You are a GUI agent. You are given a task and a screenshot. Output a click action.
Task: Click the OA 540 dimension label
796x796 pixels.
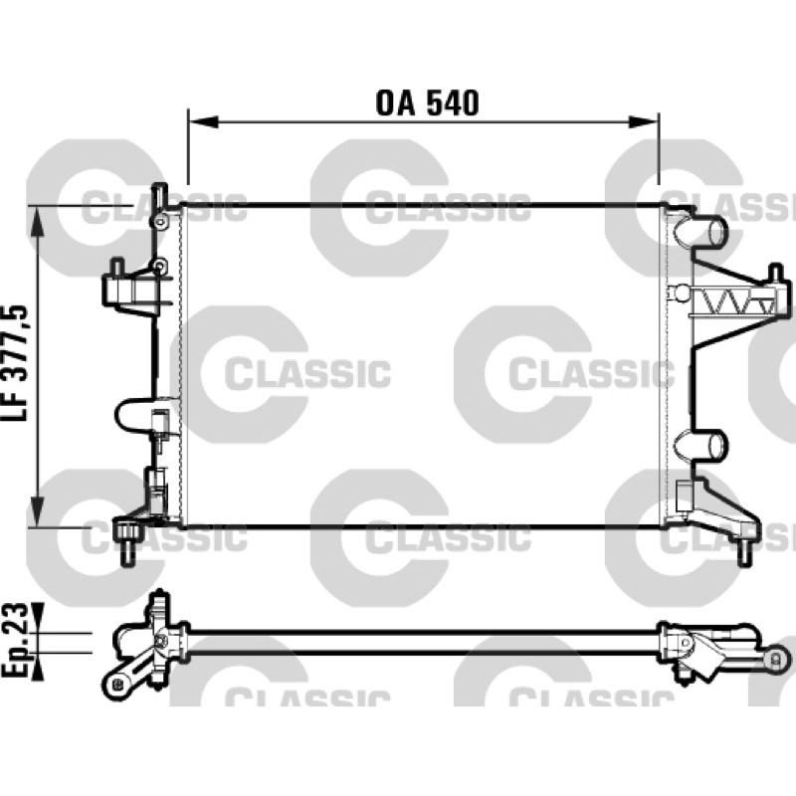[x=427, y=103]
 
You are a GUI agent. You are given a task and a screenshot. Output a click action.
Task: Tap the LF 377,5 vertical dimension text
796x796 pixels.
[x=15, y=363]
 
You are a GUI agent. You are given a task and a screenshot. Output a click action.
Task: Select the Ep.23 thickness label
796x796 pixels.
[x=15, y=640]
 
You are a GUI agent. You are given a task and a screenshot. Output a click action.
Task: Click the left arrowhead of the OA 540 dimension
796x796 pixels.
[x=204, y=121]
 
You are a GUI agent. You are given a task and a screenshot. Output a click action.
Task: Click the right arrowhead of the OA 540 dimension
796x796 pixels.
[x=643, y=121]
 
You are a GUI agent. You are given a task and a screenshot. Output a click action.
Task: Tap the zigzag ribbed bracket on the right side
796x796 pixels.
[x=734, y=303]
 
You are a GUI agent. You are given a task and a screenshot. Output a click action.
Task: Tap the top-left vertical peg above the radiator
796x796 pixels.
[x=160, y=196]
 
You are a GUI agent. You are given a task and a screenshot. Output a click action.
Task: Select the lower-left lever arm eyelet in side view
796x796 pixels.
[x=115, y=684]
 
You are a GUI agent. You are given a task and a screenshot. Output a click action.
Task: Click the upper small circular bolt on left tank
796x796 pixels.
[x=160, y=222]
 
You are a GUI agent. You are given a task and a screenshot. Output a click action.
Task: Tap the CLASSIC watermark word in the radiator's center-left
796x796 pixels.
[x=307, y=373]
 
